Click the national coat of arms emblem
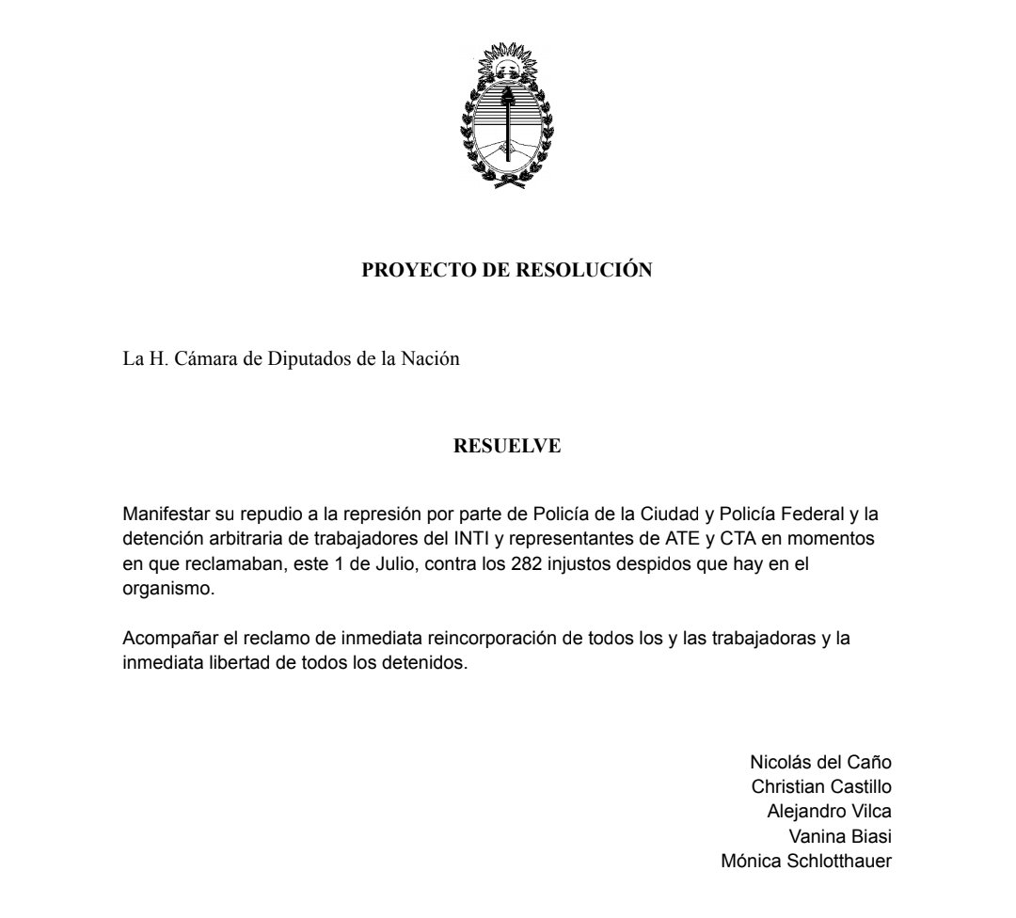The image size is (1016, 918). point(507,118)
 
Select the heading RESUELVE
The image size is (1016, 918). point(507,446)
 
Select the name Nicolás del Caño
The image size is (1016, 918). point(820,762)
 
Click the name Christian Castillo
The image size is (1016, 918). point(821,786)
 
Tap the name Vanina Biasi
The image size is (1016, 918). point(840,835)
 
